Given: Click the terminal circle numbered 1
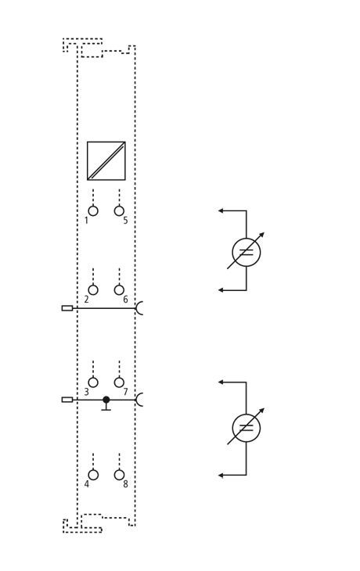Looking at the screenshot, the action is [x=93, y=211].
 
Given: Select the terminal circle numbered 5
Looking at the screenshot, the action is [x=119, y=211].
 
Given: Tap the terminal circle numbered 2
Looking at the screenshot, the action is [x=93, y=290].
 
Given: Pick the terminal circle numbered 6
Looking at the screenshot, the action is [x=119, y=290].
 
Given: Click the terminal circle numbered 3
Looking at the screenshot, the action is [x=93, y=382].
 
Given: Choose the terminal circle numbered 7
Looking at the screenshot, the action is [x=119, y=382].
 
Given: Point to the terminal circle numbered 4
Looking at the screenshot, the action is [x=93, y=476].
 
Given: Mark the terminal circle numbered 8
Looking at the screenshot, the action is [x=119, y=476].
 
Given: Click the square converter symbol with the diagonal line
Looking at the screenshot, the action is [x=106, y=161].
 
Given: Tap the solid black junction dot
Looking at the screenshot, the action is [x=106, y=400].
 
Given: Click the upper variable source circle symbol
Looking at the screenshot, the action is [x=247, y=252].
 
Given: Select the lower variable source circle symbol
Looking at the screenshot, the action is [x=247, y=428].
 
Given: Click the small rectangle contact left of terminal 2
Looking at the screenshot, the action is [x=67, y=308].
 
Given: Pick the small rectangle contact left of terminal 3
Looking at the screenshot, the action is [x=67, y=400].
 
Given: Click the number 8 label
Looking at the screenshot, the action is [x=125, y=485].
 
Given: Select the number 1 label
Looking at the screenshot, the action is [x=86, y=221].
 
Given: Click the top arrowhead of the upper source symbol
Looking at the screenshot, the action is [x=220, y=211].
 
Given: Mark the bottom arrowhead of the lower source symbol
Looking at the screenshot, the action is [x=220, y=476].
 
